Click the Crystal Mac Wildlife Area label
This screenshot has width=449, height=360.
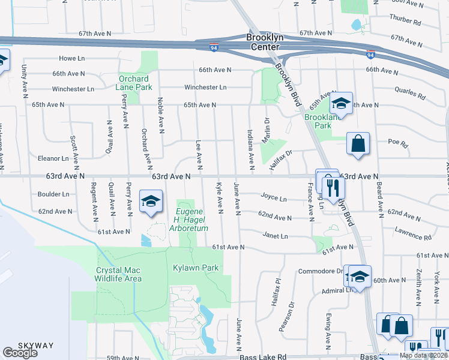point(119,274)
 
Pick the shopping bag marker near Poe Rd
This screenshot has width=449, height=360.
point(358,144)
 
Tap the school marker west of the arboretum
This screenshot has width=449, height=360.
point(151,201)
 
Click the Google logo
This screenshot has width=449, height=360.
point(20,353)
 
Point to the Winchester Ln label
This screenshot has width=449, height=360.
point(205,88)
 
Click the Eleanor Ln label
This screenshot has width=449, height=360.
point(53,159)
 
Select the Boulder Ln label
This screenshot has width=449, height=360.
point(53,194)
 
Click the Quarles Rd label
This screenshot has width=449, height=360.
point(410,95)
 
